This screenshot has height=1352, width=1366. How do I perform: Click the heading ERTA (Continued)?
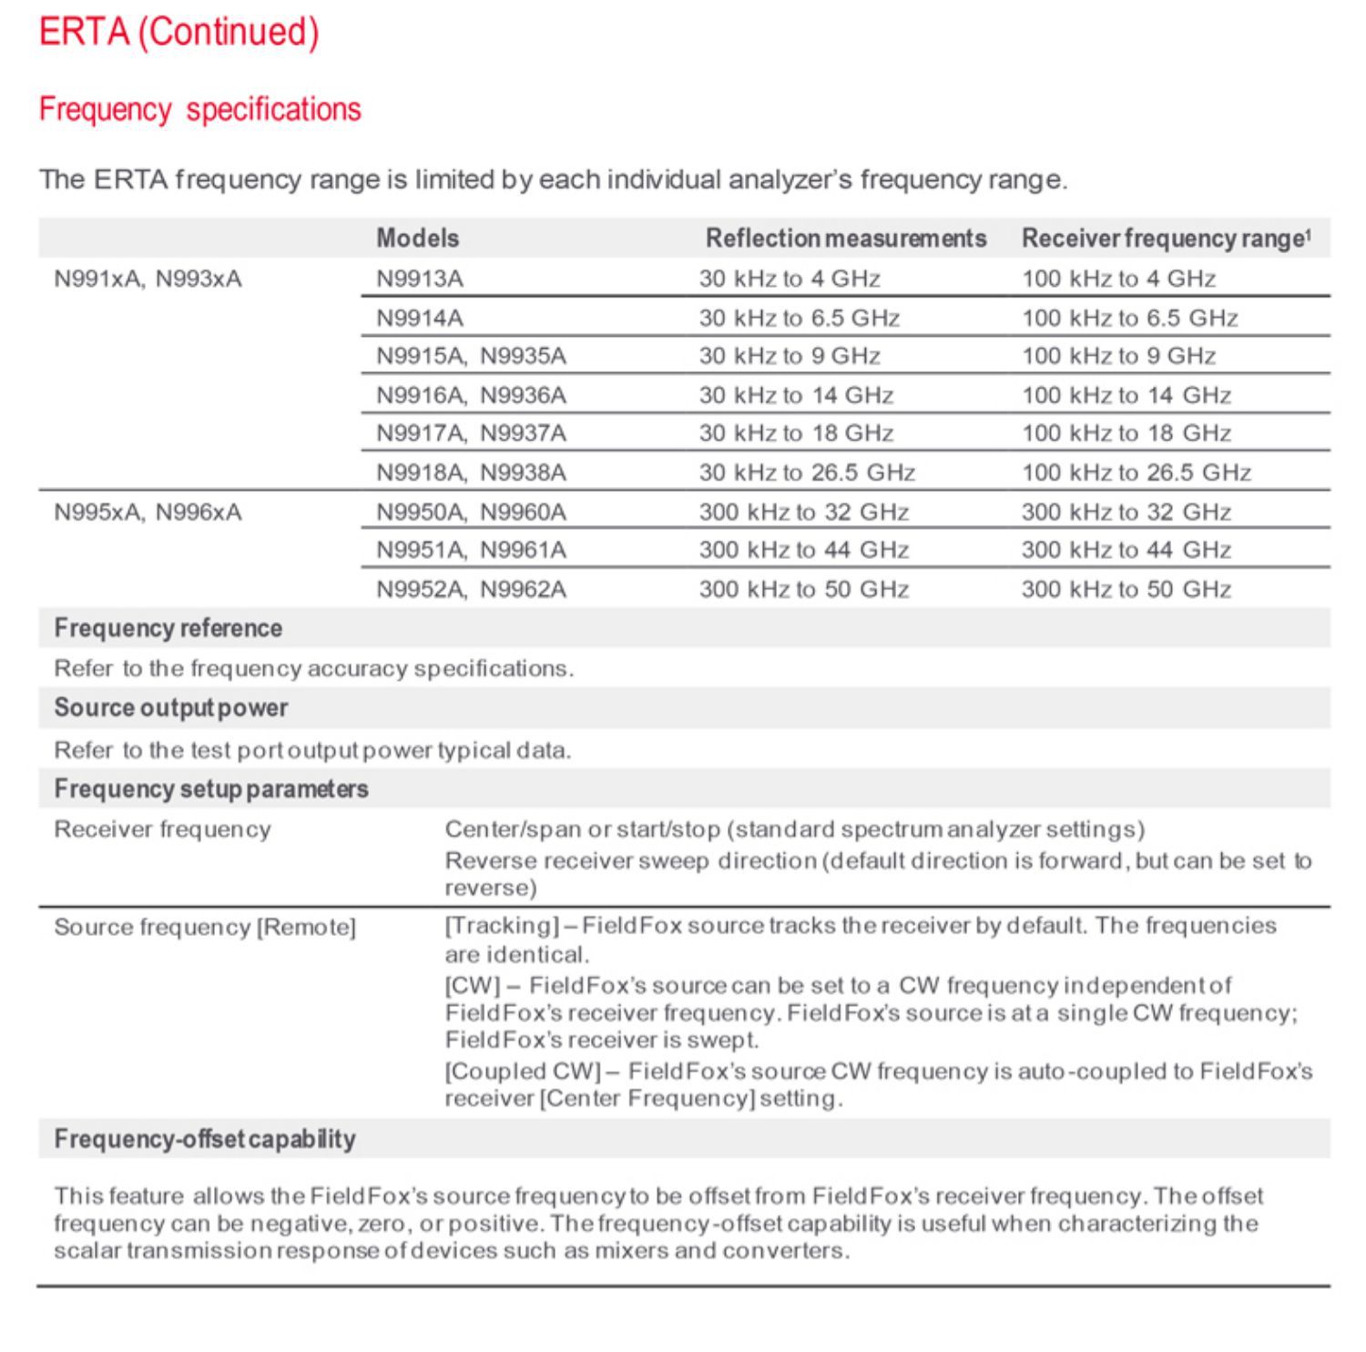(x=179, y=32)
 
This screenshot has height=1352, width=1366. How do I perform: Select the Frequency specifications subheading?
(x=200, y=109)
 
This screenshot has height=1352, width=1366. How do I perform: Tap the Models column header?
(x=418, y=239)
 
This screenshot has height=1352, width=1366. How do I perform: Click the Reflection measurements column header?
(x=846, y=239)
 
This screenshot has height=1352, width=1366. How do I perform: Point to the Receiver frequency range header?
(x=1166, y=239)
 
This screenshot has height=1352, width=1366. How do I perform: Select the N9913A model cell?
(x=420, y=279)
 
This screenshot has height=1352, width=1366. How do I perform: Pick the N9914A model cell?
(x=420, y=318)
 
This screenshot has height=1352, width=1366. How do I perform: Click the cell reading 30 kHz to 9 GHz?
(x=790, y=356)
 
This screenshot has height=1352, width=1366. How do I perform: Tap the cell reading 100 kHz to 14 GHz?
(x=1126, y=395)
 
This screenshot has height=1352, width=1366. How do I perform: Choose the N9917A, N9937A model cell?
(x=472, y=433)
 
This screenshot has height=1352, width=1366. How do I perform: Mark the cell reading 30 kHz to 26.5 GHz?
(x=807, y=473)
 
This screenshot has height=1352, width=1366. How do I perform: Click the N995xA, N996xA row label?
(x=148, y=513)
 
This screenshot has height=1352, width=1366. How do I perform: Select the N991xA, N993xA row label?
(x=148, y=279)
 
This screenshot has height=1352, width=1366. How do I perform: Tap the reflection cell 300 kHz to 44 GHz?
(x=804, y=550)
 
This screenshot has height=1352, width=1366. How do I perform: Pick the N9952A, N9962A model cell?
(x=472, y=590)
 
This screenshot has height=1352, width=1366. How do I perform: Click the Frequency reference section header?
(x=168, y=628)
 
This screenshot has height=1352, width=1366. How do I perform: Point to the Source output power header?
(x=171, y=707)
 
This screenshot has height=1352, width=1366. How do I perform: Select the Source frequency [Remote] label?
(x=205, y=927)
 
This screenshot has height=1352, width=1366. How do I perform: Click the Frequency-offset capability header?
(x=205, y=1139)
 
